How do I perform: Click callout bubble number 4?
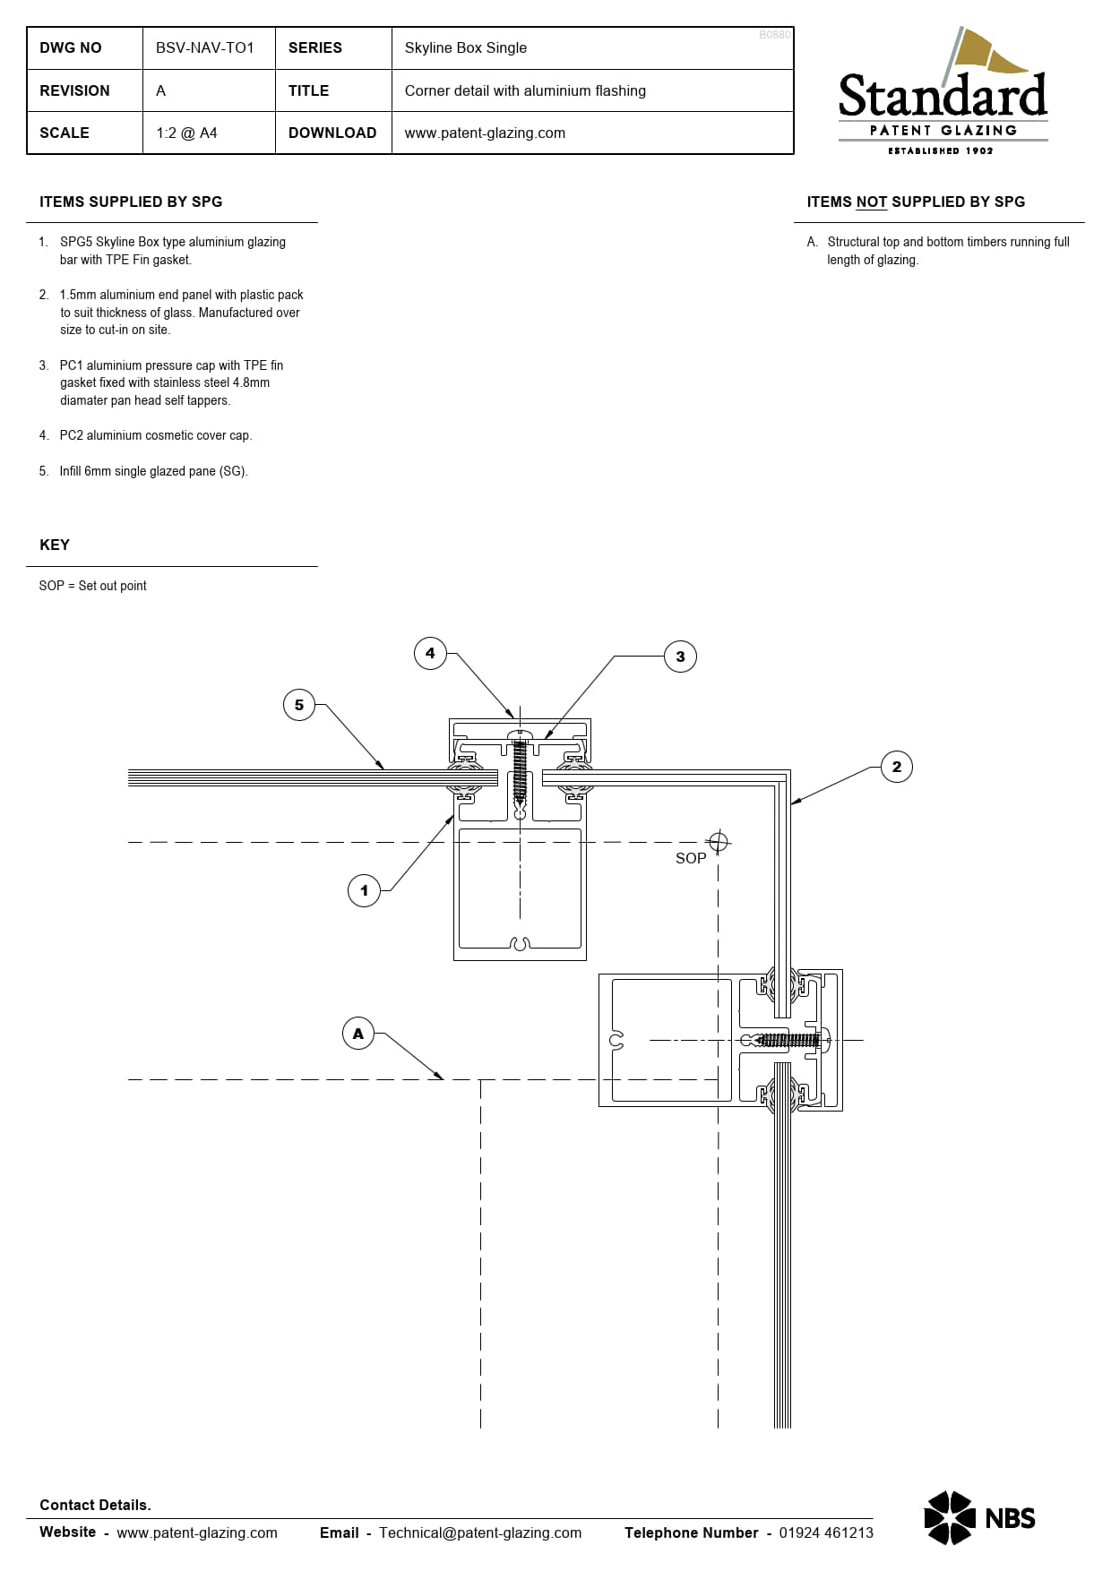pyautogui.click(x=430, y=653)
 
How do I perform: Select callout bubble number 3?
pyautogui.click(x=680, y=657)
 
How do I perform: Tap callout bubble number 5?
pyautogui.click(x=299, y=705)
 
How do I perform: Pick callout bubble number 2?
pyautogui.click(x=897, y=767)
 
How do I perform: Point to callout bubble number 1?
pyautogui.click(x=364, y=890)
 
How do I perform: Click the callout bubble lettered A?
pyautogui.click(x=358, y=1034)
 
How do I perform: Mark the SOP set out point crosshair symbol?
pyautogui.click(x=718, y=842)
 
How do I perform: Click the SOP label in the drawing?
pyautogui.click(x=691, y=858)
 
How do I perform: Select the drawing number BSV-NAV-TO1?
pyautogui.click(x=205, y=47)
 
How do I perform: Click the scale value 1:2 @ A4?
pyautogui.click(x=186, y=133)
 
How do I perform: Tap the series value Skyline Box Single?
pyautogui.click(x=466, y=47)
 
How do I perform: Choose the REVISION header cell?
pyautogui.click(x=74, y=90)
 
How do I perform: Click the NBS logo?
pyautogui.click(x=979, y=1517)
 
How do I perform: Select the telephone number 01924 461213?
pyautogui.click(x=826, y=1532)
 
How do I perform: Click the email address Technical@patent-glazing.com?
pyautogui.click(x=480, y=1532)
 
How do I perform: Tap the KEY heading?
pyautogui.click(x=55, y=545)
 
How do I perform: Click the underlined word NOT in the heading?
pyautogui.click(x=871, y=202)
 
